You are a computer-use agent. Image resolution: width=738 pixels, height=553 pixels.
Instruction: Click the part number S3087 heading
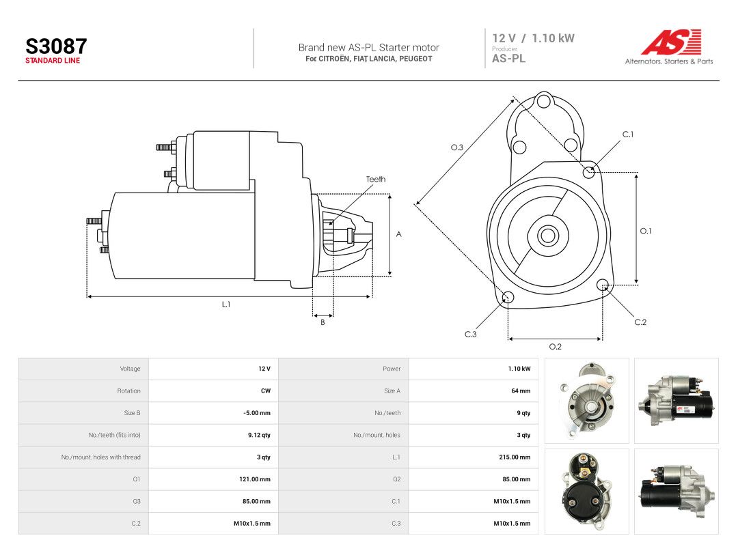56,46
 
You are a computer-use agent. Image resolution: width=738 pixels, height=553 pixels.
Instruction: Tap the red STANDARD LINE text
53,61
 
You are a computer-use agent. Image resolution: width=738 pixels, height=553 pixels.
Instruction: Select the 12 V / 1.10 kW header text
533,38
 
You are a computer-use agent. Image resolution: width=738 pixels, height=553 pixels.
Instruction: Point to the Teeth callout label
376,179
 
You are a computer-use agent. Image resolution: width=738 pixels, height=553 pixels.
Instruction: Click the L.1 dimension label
226,304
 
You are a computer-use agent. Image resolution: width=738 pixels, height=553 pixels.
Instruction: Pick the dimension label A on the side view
398,234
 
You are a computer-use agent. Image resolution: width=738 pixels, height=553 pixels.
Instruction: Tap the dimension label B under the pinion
323,322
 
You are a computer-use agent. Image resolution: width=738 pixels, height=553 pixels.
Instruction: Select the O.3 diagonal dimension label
457,147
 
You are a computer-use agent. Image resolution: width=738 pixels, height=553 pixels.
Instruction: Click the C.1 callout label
628,134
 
